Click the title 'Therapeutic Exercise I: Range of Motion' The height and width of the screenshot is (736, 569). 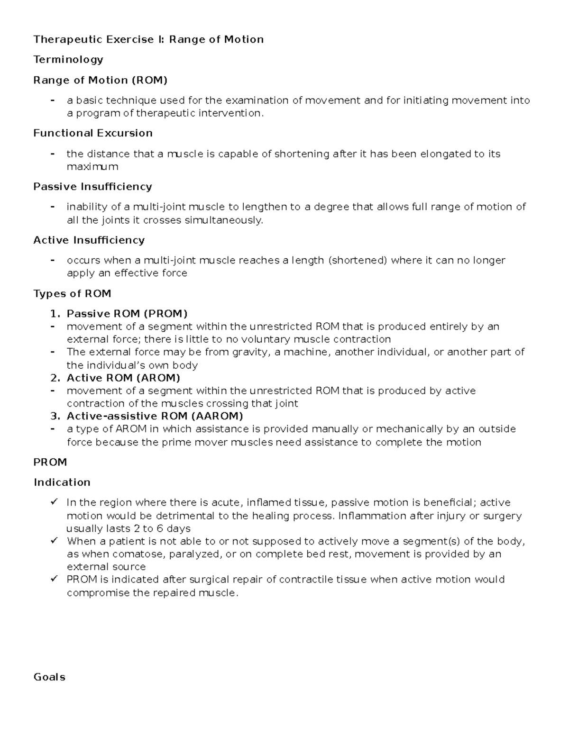[148, 39]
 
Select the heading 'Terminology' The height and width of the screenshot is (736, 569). [68, 60]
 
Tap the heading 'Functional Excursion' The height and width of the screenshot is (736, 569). [93, 133]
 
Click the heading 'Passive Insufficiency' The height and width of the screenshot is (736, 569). [92, 187]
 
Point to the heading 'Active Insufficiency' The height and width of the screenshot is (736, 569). [89, 240]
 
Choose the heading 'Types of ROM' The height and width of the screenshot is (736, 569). [72, 294]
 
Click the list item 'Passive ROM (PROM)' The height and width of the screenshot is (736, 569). [127, 314]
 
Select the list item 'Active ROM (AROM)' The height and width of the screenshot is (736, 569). [123, 378]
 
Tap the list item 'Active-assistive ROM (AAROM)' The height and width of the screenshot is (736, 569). [155, 416]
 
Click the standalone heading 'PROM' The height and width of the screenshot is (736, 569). [50, 462]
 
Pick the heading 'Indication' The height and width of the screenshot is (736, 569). [62, 482]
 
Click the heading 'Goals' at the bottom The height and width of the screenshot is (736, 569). [49, 677]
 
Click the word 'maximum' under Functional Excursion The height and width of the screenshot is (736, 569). [92, 167]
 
